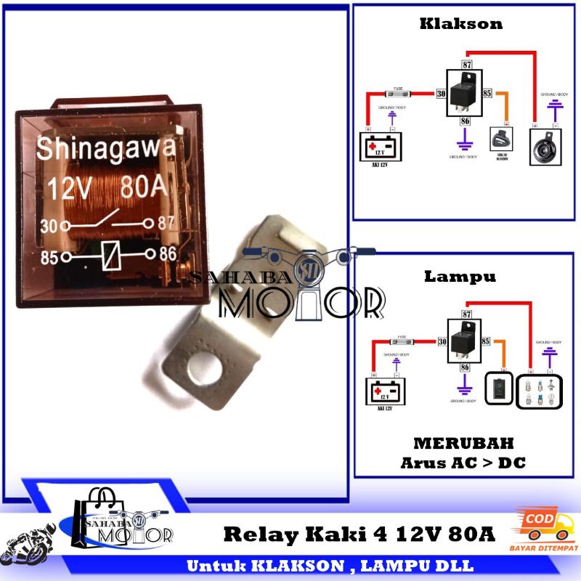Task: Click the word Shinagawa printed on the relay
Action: (105, 149)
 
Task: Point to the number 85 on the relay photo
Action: (49, 256)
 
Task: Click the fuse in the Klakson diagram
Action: (398, 93)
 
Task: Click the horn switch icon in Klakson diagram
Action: (501, 139)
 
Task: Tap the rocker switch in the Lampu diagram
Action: (498, 388)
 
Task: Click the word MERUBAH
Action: (463, 443)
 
